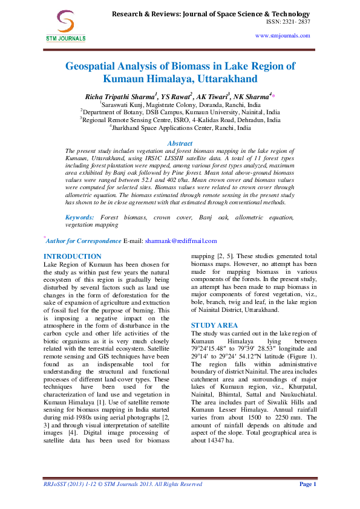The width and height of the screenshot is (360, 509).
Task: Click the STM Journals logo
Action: coord(65,26)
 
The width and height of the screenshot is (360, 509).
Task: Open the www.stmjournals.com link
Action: coord(283,36)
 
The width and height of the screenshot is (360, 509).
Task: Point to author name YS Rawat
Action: coord(175,97)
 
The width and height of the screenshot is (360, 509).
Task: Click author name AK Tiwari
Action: coord(212,97)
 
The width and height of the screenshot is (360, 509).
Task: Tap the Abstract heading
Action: coord(180,143)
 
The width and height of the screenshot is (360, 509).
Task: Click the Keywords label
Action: coord(80,218)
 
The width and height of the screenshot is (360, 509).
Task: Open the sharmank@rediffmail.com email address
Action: coord(181,241)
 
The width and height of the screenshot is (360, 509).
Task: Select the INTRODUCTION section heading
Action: coord(73,256)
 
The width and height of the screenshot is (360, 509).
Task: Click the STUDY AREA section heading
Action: coord(214,326)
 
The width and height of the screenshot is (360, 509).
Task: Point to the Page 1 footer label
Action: coord(308,484)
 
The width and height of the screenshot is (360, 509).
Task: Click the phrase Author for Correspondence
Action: coord(83,241)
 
